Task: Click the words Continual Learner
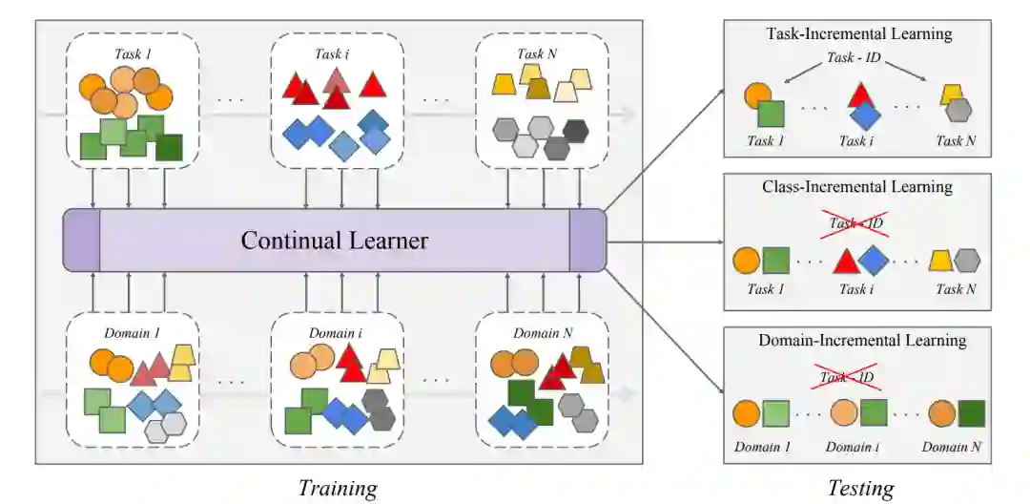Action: pos(334,240)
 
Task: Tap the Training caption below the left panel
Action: pos(338,489)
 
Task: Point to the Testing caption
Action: pos(860,489)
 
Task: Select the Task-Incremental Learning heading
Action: pos(859,33)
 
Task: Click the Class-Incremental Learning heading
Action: pos(859,187)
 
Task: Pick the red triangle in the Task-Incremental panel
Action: pos(860,95)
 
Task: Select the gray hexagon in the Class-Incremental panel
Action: pos(967,261)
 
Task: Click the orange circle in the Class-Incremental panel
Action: pos(747,261)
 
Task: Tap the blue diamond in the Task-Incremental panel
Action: pos(864,115)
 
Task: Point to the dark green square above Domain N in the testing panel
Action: pos(972,413)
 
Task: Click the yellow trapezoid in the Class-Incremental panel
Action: pos(940,260)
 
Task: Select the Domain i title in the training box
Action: pos(333,333)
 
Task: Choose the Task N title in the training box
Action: pos(537,53)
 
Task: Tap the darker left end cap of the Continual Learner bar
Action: pos(81,240)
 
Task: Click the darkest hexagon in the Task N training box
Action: pos(575,131)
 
